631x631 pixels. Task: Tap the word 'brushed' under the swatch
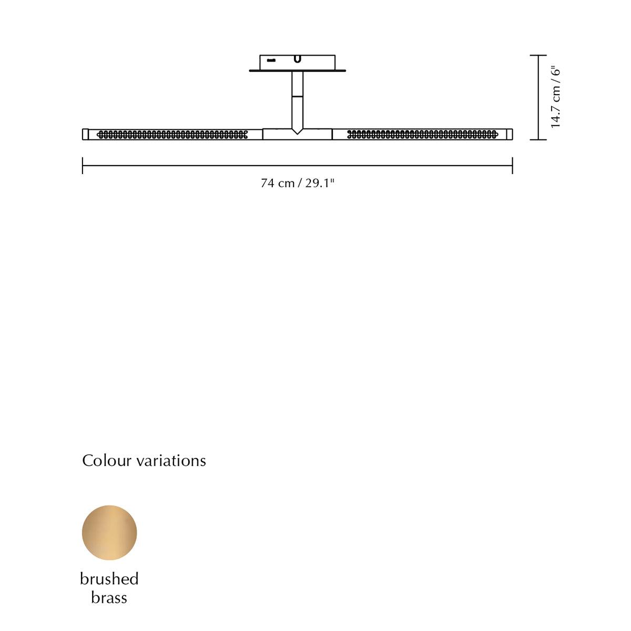[x=109, y=579]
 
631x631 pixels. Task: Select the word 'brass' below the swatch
[x=109, y=598]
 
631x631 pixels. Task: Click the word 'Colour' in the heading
[x=107, y=461]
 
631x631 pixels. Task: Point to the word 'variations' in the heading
[x=171, y=461]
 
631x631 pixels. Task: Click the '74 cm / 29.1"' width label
[x=297, y=183]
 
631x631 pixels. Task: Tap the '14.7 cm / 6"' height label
[x=555, y=98]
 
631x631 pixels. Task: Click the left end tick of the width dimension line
[x=83, y=165]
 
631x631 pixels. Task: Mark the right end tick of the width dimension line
[x=513, y=165]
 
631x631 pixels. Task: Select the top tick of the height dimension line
[x=538, y=55]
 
